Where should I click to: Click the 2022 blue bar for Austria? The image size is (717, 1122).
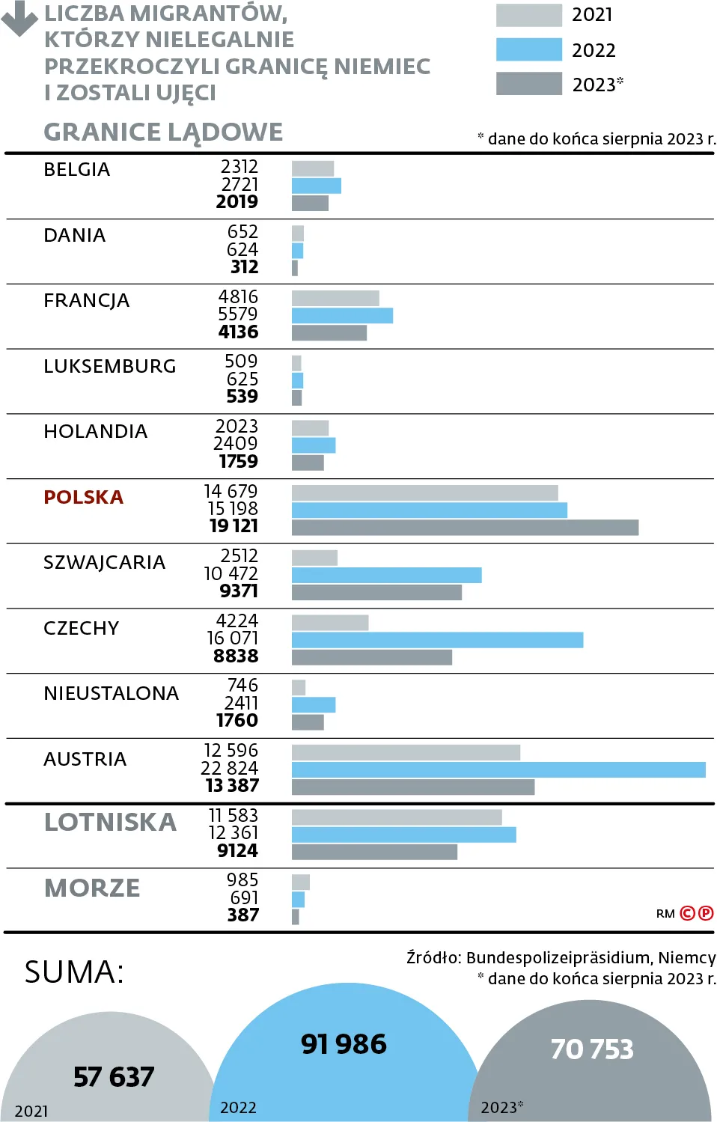498,769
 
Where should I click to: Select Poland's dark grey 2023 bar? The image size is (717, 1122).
465,528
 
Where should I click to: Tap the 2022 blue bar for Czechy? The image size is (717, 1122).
437,640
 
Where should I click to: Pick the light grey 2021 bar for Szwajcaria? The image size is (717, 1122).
314,558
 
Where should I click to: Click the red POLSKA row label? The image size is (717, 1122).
83,497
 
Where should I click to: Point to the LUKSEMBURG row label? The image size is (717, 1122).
109,366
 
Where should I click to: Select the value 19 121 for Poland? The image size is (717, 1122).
234,526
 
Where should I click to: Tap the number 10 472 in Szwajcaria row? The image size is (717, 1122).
231,573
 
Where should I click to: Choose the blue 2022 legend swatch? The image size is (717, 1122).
528,49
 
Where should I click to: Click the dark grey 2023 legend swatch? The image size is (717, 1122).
528,84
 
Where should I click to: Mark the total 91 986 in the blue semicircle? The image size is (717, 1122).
344,1044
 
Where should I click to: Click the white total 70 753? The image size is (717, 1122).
592,1049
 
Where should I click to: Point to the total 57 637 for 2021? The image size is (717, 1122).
114,1077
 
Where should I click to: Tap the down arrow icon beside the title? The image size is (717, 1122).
19,18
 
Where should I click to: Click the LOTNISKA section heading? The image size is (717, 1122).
110,822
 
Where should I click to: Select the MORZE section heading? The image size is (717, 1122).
92,888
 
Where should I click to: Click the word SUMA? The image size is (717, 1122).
74,972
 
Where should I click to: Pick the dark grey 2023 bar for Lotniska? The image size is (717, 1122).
374,852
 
